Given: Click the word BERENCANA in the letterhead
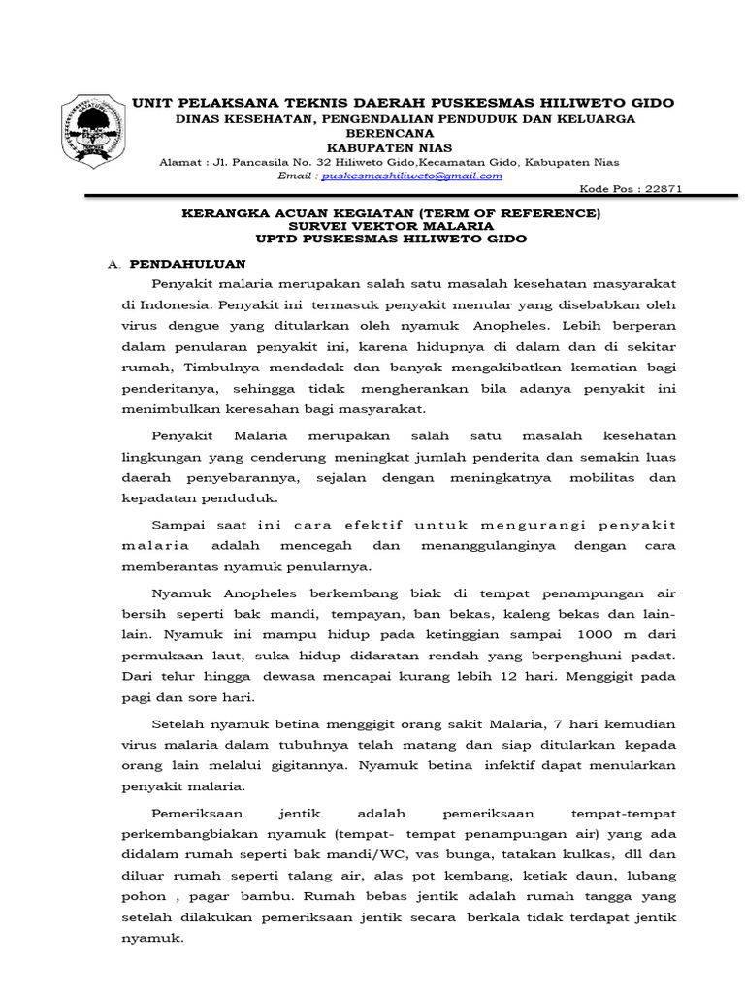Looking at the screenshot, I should (x=403, y=134).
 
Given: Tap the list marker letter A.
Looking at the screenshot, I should (x=112, y=264).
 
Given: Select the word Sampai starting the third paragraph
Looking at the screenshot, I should (x=178, y=525).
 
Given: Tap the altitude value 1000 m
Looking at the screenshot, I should (x=607, y=634).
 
